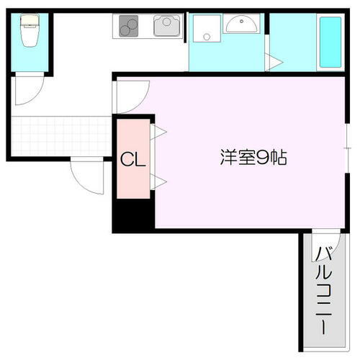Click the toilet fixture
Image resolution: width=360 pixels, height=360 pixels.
click(x=30, y=32)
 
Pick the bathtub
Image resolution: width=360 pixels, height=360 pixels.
click(x=330, y=42)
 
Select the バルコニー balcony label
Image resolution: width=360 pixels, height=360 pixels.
click(x=323, y=288)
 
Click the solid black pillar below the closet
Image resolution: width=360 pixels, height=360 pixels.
click(x=133, y=215)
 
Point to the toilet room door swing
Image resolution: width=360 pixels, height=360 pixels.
click(x=30, y=90)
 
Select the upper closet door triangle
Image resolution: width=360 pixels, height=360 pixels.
click(x=158, y=131)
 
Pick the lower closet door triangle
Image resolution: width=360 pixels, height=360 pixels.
click(x=158, y=182)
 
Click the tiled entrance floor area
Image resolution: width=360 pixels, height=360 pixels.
click(x=61, y=135)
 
